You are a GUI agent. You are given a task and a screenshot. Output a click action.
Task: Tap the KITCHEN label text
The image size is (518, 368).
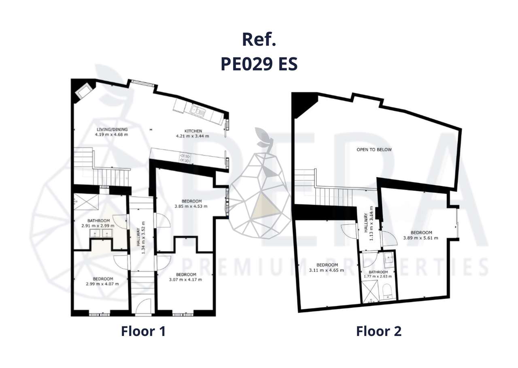(193, 131)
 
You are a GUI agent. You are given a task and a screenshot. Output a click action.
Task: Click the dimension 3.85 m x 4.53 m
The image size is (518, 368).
(191, 206)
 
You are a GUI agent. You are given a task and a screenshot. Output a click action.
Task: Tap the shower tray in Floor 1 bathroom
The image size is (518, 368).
(85, 200)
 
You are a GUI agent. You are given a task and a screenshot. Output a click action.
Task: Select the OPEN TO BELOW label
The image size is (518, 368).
(374, 150)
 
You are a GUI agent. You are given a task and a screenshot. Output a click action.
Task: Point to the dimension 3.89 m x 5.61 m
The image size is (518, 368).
(420, 238)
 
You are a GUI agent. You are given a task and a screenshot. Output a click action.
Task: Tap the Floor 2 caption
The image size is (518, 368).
(378, 331)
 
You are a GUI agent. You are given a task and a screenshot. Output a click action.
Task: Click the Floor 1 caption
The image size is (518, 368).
(143, 331)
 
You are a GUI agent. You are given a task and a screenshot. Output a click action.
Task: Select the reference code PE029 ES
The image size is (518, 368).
(259, 64)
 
